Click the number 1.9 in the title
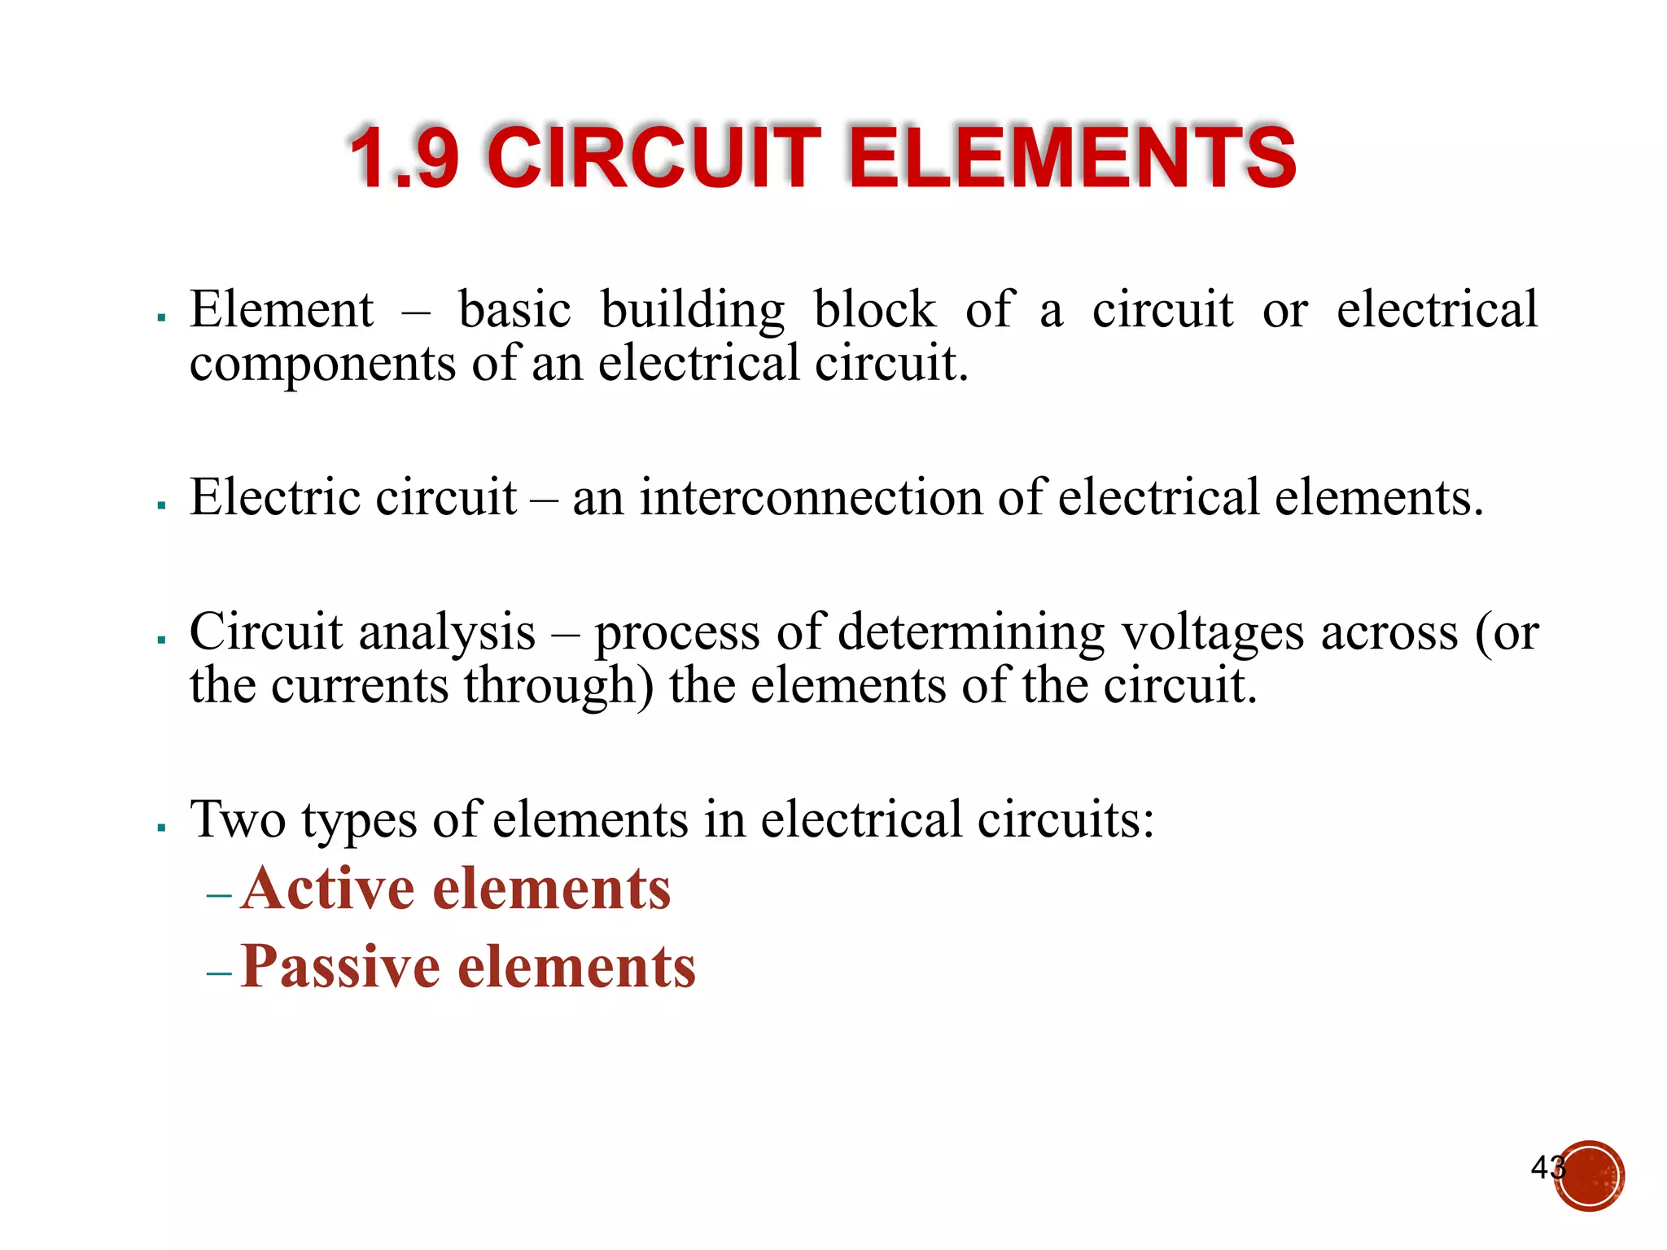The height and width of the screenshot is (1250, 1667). [x=405, y=158]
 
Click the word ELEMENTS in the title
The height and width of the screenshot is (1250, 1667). [x=1071, y=158]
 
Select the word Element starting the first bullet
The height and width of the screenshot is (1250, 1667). [x=282, y=310]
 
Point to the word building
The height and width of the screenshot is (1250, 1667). [x=693, y=312]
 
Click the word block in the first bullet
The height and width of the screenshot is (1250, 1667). [x=874, y=310]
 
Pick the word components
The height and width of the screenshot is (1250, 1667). [x=323, y=364]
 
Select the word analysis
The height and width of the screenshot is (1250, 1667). [x=447, y=632]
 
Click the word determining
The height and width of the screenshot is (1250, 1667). [x=971, y=634]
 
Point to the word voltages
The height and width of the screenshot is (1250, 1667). [x=1212, y=634]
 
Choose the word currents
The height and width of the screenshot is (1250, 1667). [x=360, y=686]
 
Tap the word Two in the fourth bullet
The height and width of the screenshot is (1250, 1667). [x=238, y=819]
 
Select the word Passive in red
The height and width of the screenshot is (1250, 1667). [x=340, y=967]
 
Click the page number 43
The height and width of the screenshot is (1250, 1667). [x=1546, y=1168]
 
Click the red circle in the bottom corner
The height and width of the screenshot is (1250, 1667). [x=1589, y=1176]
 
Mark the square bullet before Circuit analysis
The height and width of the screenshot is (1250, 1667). [x=162, y=640]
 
